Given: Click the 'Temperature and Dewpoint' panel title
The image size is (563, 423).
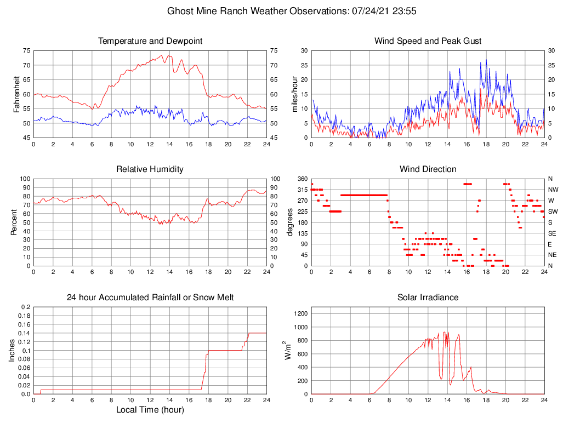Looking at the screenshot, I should click(x=150, y=41).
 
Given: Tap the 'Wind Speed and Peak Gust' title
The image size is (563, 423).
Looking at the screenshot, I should click(x=428, y=41).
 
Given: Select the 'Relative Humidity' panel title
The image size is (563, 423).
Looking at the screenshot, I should click(x=150, y=169).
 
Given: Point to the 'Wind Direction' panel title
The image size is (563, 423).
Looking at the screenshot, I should click(x=428, y=169).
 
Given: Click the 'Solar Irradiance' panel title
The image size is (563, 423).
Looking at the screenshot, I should click(x=428, y=298).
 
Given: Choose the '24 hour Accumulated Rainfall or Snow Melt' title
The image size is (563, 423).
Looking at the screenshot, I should click(x=150, y=298).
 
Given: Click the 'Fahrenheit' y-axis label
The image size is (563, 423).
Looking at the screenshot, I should click(x=16, y=94).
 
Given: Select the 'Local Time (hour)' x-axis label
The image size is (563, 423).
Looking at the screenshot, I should click(x=150, y=410).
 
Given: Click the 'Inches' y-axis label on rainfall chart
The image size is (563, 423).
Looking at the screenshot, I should click(x=12, y=350).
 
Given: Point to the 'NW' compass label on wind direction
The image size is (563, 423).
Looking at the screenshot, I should click(x=552, y=190).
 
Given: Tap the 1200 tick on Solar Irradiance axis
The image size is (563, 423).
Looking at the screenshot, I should click(x=299, y=313).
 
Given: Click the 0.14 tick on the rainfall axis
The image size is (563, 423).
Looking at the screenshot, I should click(x=24, y=333).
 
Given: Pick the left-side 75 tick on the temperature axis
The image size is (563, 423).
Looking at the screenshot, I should click(x=27, y=50).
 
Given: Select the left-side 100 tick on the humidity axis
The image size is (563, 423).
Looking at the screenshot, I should click(x=25, y=179).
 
